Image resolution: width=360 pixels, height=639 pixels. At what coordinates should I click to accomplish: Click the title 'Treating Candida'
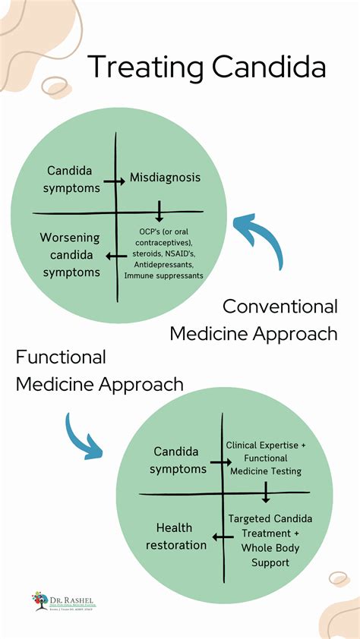tap(207, 67)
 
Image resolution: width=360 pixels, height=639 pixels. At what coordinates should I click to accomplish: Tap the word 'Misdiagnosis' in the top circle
tap(165, 178)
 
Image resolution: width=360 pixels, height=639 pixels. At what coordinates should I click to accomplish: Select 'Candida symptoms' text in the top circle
tap(74, 178)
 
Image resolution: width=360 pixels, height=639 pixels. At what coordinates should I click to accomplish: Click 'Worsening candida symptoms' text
tap(70, 255)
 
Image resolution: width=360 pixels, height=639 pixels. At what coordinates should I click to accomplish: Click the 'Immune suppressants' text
tap(164, 276)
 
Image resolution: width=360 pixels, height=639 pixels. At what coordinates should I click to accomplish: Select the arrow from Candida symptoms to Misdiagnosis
tap(114, 181)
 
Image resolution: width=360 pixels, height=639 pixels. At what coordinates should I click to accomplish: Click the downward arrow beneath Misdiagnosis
tap(159, 211)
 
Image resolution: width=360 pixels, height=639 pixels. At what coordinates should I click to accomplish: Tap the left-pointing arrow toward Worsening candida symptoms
tap(116, 256)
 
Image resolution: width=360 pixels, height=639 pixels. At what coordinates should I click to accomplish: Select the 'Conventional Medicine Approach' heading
tap(254, 319)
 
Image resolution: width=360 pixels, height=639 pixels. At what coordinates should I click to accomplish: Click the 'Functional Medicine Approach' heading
tap(99, 370)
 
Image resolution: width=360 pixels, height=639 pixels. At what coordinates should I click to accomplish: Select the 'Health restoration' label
tap(181, 536)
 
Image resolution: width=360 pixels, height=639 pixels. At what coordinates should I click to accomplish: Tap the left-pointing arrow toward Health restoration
tap(223, 538)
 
